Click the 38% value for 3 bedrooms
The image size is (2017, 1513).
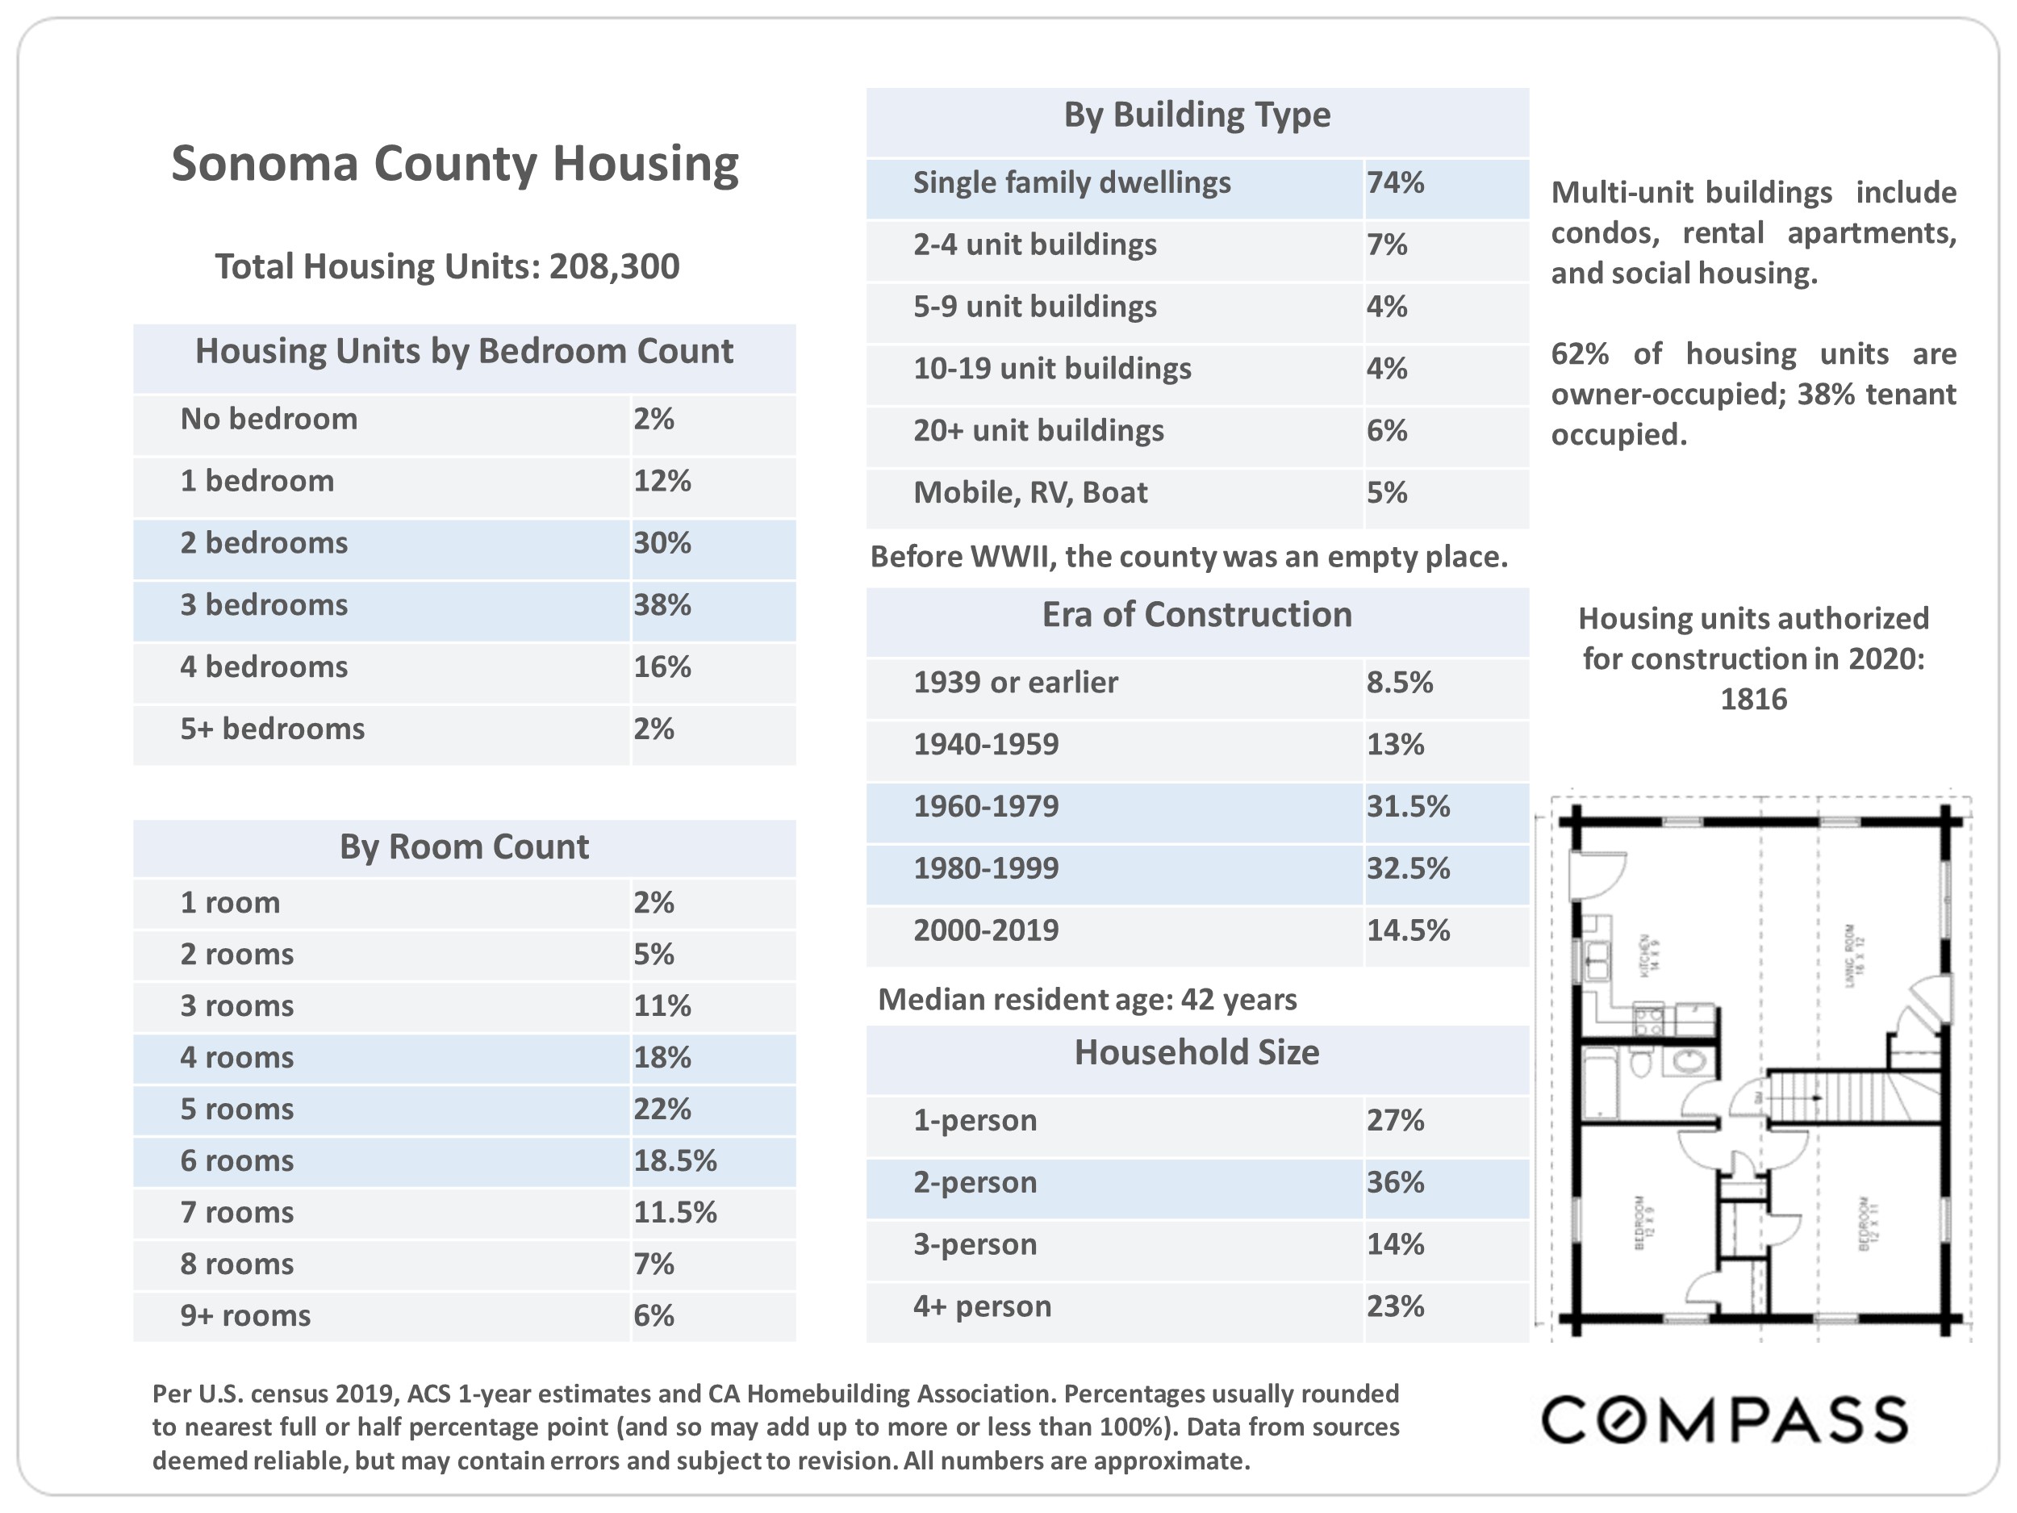click(x=662, y=605)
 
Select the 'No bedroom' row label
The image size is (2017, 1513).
click(x=269, y=420)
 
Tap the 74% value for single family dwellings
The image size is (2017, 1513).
click(x=1394, y=183)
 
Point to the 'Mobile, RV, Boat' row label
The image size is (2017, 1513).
click(x=1029, y=493)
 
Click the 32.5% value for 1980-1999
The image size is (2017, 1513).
click(x=1407, y=869)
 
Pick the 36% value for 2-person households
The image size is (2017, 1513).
click(x=1394, y=1183)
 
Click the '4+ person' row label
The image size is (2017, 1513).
click(x=982, y=1307)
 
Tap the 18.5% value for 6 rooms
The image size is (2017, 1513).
click(x=674, y=1161)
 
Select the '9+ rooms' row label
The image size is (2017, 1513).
click(x=245, y=1316)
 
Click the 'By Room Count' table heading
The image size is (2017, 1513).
click(x=464, y=847)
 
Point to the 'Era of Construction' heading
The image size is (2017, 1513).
click(x=1196, y=616)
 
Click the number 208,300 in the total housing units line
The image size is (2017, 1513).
click(x=614, y=267)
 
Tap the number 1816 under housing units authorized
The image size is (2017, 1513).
click(x=1752, y=700)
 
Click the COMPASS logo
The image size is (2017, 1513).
click(x=1723, y=1420)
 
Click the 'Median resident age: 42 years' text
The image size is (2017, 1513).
click(x=1087, y=1001)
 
